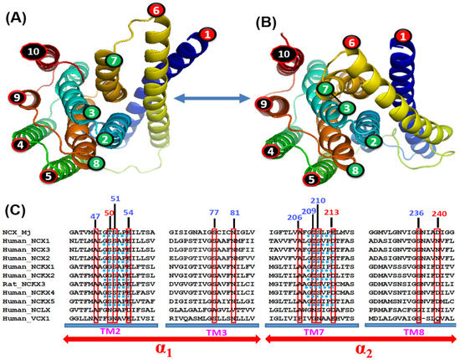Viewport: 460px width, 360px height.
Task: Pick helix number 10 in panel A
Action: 34,52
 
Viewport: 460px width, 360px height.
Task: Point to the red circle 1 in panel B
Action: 405,36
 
